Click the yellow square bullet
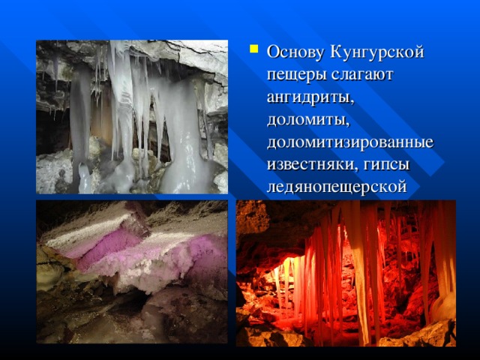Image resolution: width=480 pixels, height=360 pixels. point(254,49)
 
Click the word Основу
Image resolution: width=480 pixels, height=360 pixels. point(295,52)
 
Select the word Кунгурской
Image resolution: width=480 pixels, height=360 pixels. point(376,52)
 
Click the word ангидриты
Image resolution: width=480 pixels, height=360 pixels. point(310,98)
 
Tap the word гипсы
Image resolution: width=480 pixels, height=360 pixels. point(387,166)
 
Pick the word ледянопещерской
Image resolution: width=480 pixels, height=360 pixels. point(337,187)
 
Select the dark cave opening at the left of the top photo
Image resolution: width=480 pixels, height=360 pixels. point(52,132)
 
